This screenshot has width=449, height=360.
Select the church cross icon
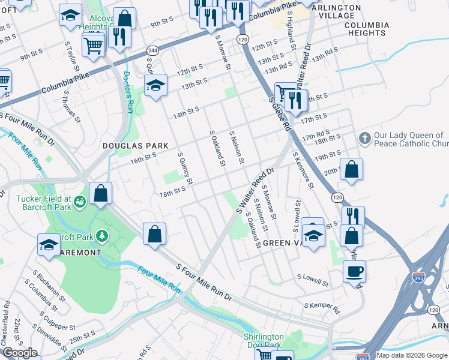click(364, 139)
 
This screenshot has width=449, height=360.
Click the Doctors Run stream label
click(128, 92)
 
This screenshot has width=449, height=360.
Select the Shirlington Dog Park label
click(263, 341)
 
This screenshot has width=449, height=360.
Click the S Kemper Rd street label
click(322, 308)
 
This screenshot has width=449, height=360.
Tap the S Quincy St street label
click(185, 168)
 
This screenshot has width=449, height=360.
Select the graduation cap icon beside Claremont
click(49, 244)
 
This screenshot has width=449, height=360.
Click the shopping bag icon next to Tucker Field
click(101, 194)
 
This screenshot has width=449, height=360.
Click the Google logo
click(20, 353)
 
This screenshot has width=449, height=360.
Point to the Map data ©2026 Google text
click(412, 355)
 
